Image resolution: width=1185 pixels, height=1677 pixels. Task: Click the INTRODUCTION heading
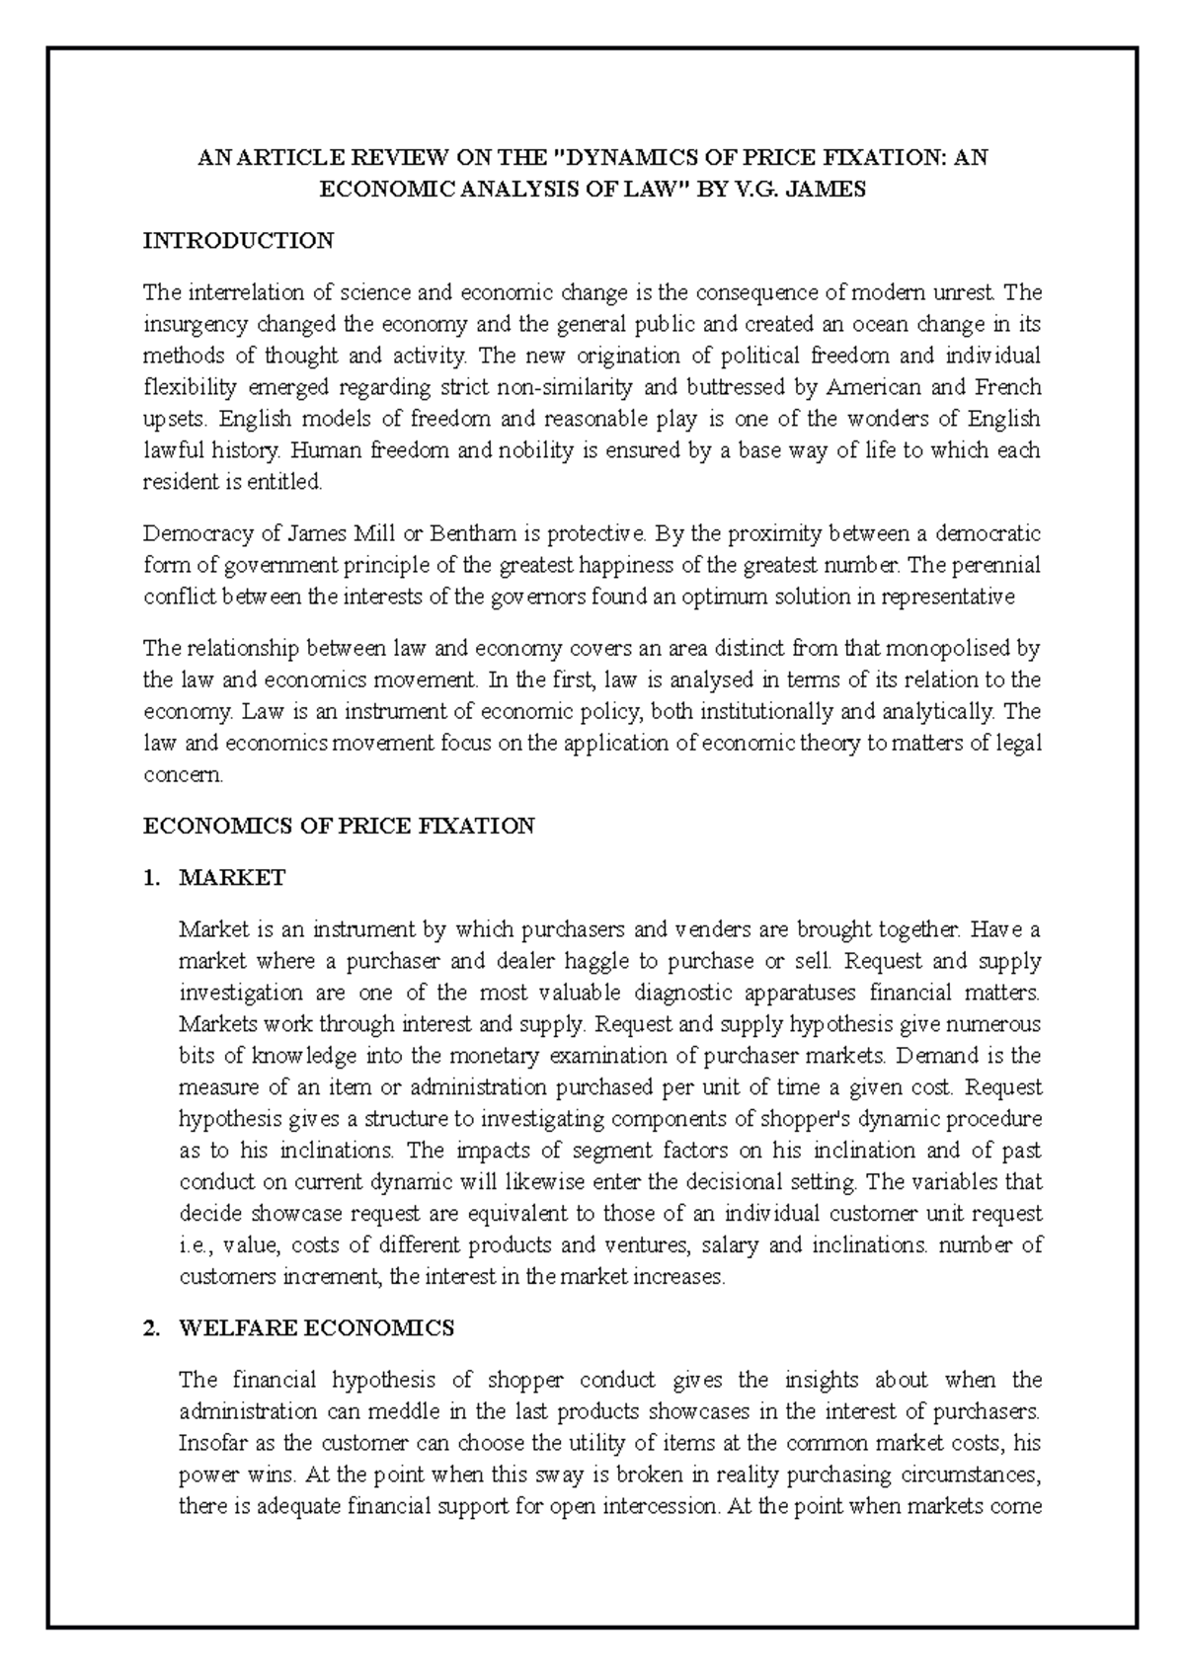pyautogui.click(x=238, y=241)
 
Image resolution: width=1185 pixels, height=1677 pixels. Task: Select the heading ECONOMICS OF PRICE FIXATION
pyautogui.click(x=339, y=826)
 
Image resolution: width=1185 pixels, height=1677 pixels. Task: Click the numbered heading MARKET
pyautogui.click(x=232, y=877)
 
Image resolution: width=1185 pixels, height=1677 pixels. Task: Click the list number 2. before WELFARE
pyautogui.click(x=151, y=1328)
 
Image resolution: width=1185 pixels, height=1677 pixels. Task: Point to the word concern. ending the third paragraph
pyautogui.click(x=184, y=775)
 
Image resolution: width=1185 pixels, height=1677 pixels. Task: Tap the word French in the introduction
pyautogui.click(x=1007, y=387)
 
